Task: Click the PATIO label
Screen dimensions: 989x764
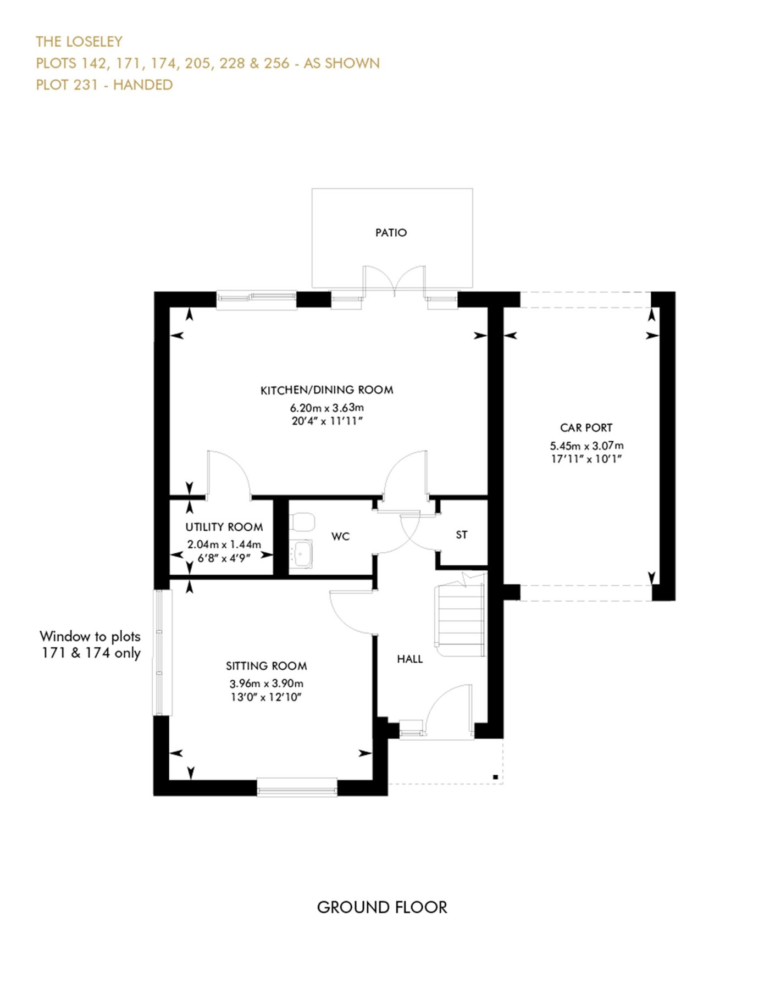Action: click(391, 232)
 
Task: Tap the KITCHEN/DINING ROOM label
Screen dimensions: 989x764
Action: click(326, 390)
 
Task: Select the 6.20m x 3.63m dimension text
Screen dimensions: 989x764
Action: click(326, 408)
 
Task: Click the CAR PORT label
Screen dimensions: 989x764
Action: click(586, 427)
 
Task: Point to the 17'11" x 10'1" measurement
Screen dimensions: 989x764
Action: click(586, 459)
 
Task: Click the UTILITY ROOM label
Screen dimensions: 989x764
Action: click(224, 527)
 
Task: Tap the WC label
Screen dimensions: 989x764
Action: click(340, 536)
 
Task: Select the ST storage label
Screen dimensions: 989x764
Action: click(462, 535)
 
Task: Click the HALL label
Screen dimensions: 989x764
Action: click(410, 659)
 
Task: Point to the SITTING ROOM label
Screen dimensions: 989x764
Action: click(267, 666)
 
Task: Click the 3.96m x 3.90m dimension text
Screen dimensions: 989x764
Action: click(267, 684)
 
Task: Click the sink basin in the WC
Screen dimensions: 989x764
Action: click(301, 553)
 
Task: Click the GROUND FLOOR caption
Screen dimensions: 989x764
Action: click(382, 907)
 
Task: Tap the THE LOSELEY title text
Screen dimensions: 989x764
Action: click(79, 42)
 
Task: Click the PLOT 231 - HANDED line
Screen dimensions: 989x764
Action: click(104, 85)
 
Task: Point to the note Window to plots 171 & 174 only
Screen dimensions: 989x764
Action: click(91, 644)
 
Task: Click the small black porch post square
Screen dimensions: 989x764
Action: click(495, 777)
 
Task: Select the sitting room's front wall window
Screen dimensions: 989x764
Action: click(297, 787)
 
